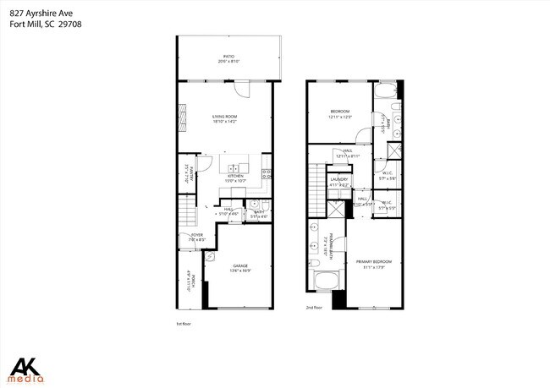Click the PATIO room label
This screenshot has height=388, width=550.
pos(228,57)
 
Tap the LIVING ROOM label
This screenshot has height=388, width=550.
pos(224,117)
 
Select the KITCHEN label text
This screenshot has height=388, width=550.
pos(234,177)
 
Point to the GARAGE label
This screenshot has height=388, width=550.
pos(241,265)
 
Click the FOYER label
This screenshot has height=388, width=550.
pos(196,236)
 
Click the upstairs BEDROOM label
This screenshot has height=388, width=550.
pos(340,112)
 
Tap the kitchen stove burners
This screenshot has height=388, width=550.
pos(266,175)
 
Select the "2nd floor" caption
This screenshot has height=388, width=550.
pos(315,308)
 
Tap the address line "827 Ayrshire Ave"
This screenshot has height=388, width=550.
pos(36,10)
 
